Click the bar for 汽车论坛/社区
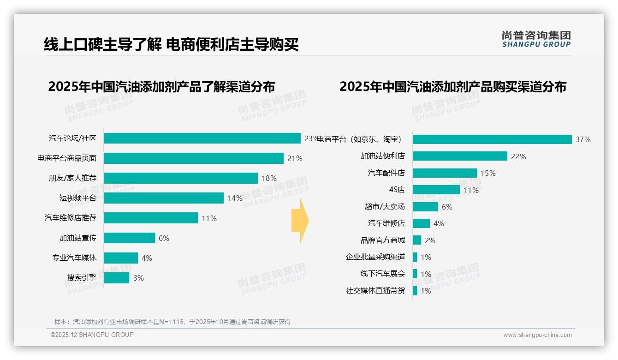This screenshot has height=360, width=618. coord(202,138)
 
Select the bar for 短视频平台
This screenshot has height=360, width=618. coord(164,198)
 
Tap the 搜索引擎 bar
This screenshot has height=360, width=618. coord(116,278)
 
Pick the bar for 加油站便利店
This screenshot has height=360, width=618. coord(460,156)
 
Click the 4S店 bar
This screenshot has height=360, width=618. coord(436,190)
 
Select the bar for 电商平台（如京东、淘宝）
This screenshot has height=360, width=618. coord(492,139)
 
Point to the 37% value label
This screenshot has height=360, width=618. coord(583,140)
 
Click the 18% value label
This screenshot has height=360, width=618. coord(269,178)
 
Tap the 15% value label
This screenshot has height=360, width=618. coord(488,173)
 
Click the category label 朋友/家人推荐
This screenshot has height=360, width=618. coord(72,178)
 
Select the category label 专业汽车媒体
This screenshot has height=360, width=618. coord(74,258)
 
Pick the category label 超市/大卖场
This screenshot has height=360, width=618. coord(385,207)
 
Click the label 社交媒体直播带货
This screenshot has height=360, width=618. coord(375,291)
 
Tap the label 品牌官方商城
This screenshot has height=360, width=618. coord(383,240)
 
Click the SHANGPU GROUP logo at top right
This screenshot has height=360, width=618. coord(536,39)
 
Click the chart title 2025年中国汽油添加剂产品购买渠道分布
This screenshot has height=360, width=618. coord(453,87)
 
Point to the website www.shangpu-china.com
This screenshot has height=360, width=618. coord(537,335)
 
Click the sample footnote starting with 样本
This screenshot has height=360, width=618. coord(172,322)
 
